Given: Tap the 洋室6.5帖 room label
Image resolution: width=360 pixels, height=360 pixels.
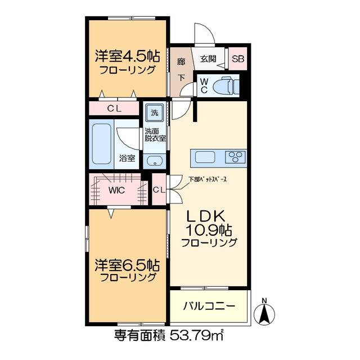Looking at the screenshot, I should coord(128,265).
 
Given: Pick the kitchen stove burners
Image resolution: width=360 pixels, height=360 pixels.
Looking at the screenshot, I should coord(236,156).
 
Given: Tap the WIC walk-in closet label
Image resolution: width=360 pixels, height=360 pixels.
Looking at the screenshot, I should coord(116,190).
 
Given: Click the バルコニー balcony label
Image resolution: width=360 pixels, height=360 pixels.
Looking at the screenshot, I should coord(209,306).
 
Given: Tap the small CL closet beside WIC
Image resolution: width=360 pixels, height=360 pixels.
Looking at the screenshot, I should coord(159,190).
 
